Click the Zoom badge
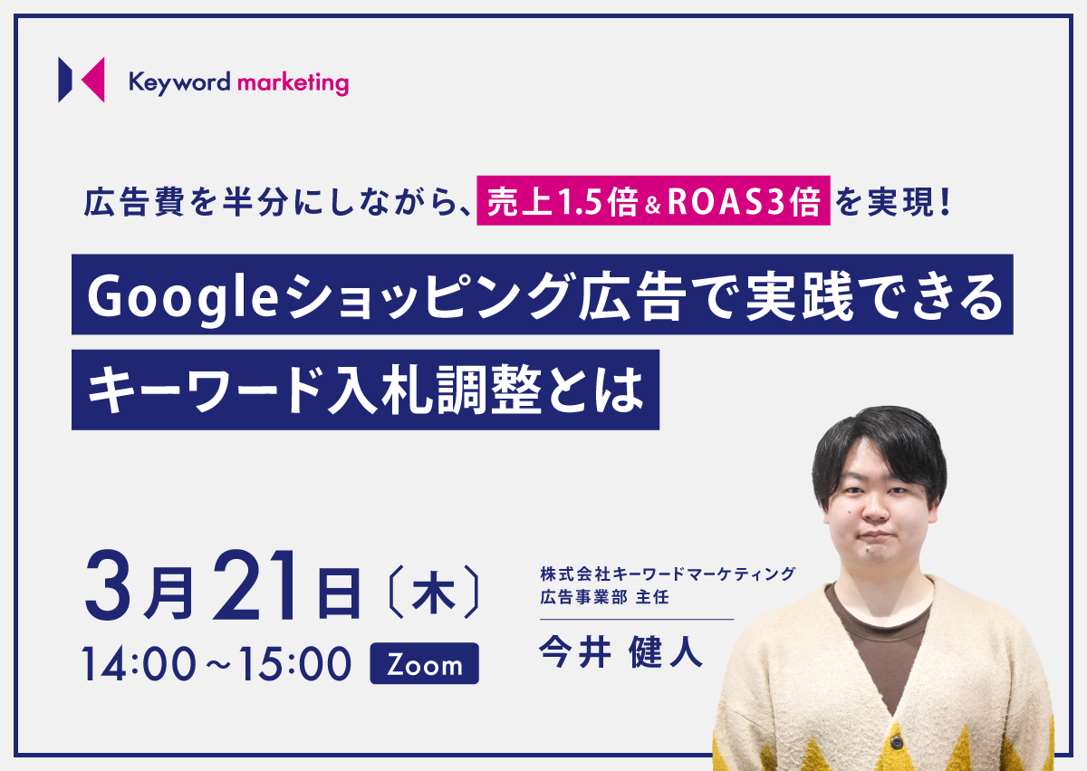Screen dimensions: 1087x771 click(x=424, y=664)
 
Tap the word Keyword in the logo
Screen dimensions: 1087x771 click(x=179, y=83)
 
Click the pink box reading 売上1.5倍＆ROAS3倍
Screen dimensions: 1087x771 click(x=653, y=200)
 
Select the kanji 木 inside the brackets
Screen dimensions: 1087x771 click(x=433, y=592)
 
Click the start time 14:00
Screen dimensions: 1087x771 click(x=139, y=664)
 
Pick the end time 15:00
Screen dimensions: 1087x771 click(x=294, y=664)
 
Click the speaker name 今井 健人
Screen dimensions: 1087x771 click(x=620, y=651)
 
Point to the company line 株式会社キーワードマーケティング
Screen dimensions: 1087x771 click(x=668, y=574)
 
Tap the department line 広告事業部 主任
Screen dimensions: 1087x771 click(x=605, y=597)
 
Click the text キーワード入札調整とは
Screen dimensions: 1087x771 click(x=365, y=390)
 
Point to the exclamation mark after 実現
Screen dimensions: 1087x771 click(x=945, y=202)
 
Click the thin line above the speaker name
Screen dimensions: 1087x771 click(x=637, y=619)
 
